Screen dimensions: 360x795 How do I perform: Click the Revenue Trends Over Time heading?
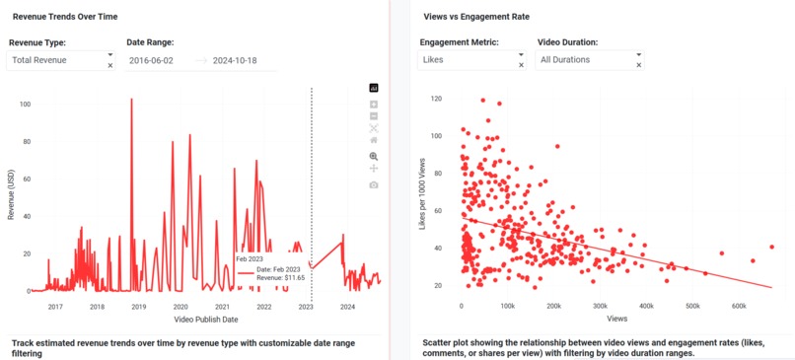(65, 16)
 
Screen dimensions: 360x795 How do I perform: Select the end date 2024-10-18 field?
(244, 61)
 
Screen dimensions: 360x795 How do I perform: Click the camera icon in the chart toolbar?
(374, 184)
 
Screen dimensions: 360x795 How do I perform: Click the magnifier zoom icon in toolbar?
(374, 156)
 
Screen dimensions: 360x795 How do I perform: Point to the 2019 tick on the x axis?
(139, 307)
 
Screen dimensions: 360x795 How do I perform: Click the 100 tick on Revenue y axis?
(24, 104)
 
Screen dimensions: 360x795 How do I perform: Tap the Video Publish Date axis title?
(204, 321)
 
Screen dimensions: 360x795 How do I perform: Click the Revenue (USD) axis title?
(11, 192)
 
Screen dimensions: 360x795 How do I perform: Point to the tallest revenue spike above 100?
(131, 101)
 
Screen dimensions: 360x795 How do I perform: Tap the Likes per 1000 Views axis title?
(423, 191)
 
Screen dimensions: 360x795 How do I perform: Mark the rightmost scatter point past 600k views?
(771, 247)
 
